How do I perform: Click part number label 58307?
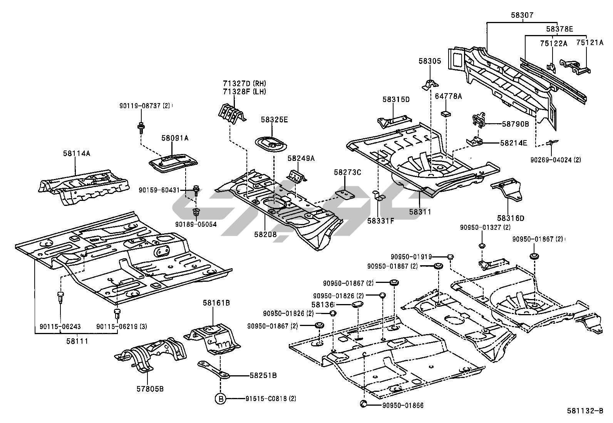point(522,15)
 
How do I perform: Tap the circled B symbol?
point(220,399)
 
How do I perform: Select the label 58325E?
point(274,120)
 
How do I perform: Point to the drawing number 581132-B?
point(585,411)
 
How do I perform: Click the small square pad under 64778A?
point(446,113)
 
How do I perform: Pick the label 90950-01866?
point(403,406)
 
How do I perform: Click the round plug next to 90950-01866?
point(363,404)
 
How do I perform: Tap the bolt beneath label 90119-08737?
point(141,128)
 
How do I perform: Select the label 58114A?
point(77,154)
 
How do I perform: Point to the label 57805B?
point(150,389)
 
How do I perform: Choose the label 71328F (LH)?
point(245,92)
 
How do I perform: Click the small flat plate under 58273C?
point(345,195)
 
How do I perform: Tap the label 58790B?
point(515,124)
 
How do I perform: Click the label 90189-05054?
point(196,224)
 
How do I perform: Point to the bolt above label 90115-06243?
point(60,297)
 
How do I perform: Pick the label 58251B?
point(263,375)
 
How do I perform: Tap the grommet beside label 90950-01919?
point(451,257)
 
